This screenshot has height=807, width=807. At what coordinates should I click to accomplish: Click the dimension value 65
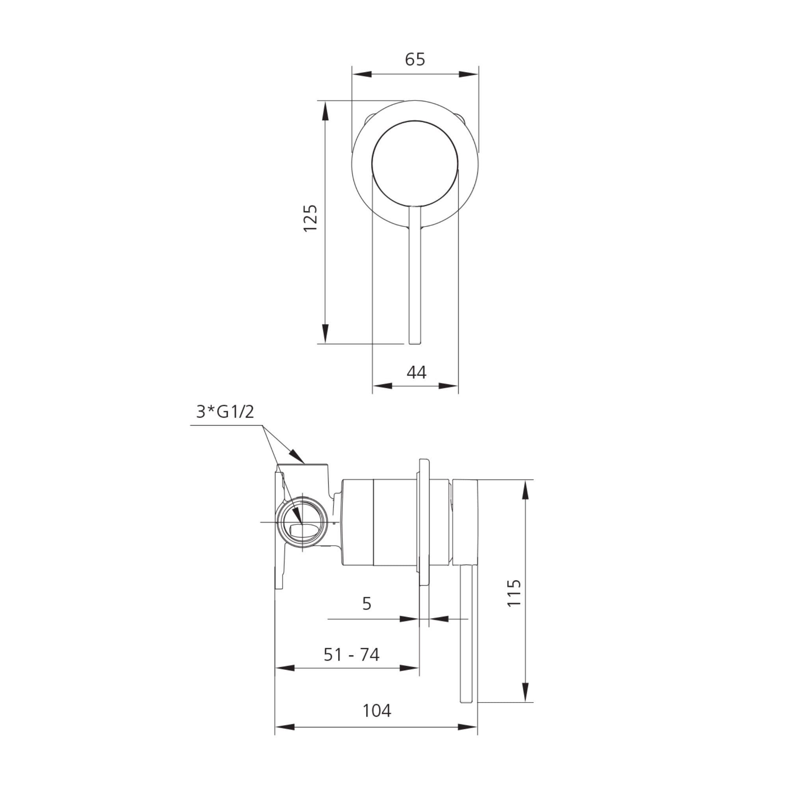(415, 60)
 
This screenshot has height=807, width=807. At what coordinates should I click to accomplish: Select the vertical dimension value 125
(311, 218)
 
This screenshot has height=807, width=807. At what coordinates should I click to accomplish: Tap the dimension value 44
(417, 372)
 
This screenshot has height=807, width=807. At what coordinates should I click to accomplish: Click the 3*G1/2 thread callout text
(225, 412)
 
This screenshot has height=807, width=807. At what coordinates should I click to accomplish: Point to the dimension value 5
(367, 604)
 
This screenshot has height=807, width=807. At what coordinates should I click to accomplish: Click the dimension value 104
(377, 710)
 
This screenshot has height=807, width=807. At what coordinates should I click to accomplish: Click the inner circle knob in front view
(415, 164)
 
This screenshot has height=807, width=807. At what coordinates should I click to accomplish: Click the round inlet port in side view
(301, 522)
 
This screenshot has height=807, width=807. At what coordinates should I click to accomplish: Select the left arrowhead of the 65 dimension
(362, 74)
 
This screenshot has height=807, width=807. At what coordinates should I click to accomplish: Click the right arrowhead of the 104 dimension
(468, 727)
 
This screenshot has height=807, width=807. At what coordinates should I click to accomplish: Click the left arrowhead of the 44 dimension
(382, 385)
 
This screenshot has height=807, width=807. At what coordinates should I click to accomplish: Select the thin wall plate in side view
(424, 522)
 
